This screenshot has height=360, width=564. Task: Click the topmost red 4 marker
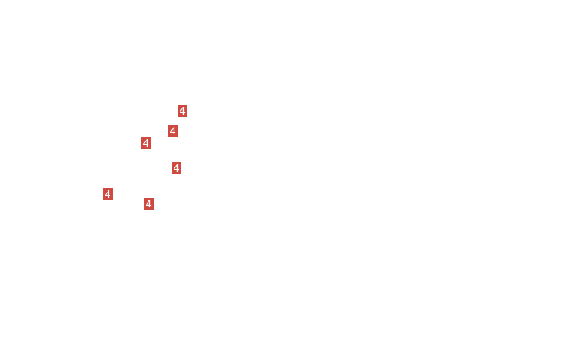tap(182, 111)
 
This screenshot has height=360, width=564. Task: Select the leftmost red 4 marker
tap(108, 194)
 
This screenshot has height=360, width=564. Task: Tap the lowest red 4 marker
tap(148, 204)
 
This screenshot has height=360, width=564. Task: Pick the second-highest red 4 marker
tap(173, 131)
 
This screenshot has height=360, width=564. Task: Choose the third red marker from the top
tap(146, 143)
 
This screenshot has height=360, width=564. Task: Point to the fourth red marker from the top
tap(177, 168)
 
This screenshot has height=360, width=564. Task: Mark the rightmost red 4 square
tap(182, 111)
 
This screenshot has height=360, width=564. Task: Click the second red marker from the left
tap(146, 143)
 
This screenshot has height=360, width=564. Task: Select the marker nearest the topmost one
tap(173, 131)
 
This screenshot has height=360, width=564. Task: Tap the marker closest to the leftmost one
tap(148, 204)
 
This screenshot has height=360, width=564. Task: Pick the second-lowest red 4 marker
tap(108, 194)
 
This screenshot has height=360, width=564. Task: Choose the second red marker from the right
tap(177, 168)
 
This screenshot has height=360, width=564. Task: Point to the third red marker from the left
tap(148, 204)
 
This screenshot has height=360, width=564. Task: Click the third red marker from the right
tap(173, 131)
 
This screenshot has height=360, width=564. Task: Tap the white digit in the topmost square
tap(182, 111)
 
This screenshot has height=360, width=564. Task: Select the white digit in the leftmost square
tap(108, 194)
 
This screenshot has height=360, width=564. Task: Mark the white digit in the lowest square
tap(148, 204)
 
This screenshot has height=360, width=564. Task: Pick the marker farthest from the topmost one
tap(108, 194)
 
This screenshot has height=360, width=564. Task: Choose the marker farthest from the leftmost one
tap(182, 111)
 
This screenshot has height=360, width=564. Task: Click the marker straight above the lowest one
tap(146, 143)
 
